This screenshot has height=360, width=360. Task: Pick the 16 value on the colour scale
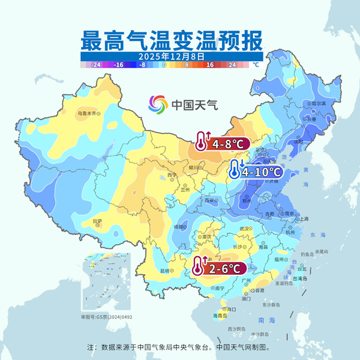[210, 64]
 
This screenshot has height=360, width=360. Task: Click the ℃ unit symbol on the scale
[255, 64]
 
